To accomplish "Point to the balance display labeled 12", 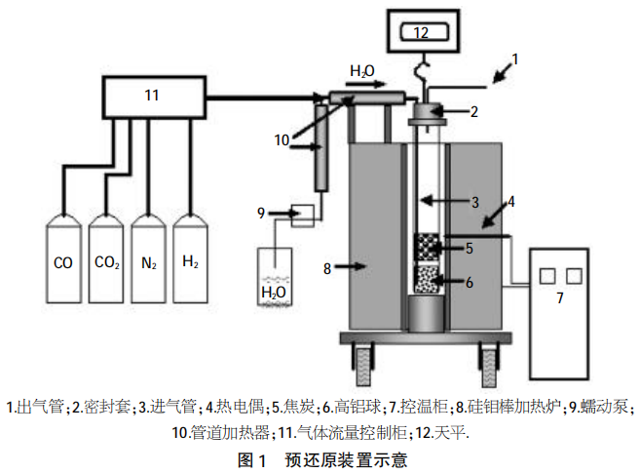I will [420, 32].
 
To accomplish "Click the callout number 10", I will [282, 140].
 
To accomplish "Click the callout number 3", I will [474, 203].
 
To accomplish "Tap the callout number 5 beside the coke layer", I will [469, 248].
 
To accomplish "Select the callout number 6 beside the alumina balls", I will [469, 282].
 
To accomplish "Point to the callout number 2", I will [474, 111].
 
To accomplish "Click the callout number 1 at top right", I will [517, 58].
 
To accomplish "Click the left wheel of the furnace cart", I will [361, 368].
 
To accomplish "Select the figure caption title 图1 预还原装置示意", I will [320, 458].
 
